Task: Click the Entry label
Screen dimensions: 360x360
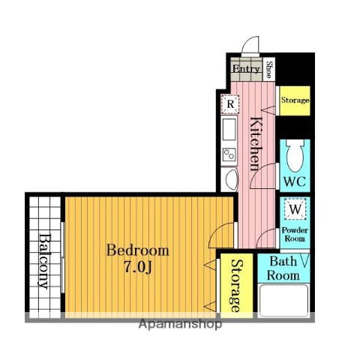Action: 246,69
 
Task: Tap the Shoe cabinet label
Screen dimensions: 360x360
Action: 268,70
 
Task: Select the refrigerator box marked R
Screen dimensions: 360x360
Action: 230,103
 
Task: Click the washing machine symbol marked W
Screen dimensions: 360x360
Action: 295,209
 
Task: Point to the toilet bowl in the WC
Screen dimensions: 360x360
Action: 295,155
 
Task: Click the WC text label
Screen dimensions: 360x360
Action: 295,181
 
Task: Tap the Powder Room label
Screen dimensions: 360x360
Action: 295,234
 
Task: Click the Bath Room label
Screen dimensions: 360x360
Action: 283,268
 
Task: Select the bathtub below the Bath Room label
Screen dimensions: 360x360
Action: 283,301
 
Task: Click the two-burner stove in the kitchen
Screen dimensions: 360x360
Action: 229,155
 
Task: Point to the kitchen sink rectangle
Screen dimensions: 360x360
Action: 229,129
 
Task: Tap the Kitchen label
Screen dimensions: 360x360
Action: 256,144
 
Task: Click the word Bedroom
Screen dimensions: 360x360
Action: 138,250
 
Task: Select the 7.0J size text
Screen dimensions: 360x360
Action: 138,268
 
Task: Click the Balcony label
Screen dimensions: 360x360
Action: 45,262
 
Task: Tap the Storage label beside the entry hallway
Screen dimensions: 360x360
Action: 295,100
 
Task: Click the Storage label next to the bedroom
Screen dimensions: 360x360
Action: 236,286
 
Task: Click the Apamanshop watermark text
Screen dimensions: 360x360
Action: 180,324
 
